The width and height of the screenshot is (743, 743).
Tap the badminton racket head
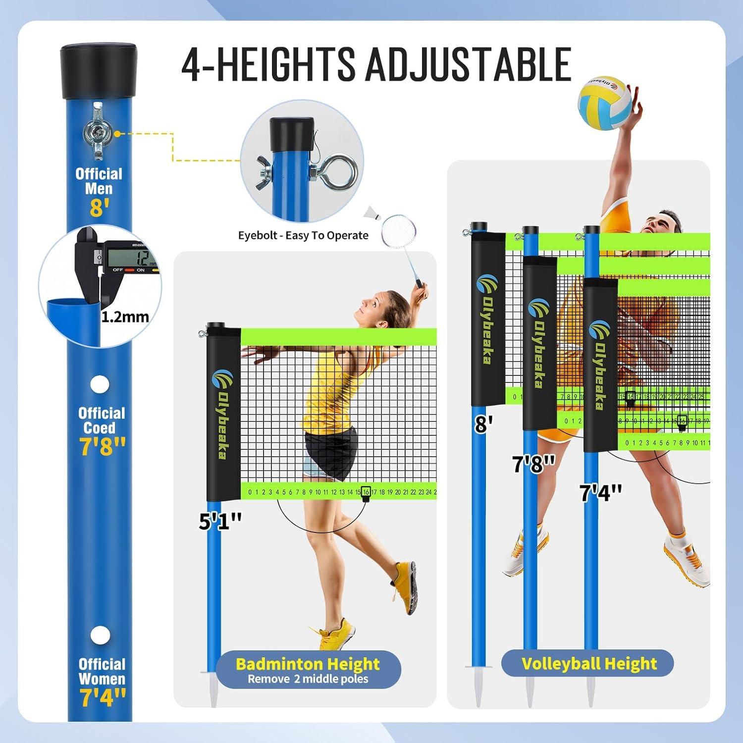[399, 231]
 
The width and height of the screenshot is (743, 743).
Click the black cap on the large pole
[98, 71]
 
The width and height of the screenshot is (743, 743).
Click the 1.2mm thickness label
[125, 317]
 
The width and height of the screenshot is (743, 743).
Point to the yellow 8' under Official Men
[99, 208]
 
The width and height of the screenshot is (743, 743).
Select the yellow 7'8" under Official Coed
[102, 446]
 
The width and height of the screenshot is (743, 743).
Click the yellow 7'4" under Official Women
[103, 697]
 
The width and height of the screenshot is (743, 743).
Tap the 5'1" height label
[220, 522]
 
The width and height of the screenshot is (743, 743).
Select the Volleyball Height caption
[588, 663]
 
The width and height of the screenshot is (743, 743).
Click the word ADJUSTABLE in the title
[468, 64]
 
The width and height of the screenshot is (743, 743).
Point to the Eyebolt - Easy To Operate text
[303, 235]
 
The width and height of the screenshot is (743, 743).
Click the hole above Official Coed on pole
[100, 384]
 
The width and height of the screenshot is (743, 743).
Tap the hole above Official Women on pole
[100, 635]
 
